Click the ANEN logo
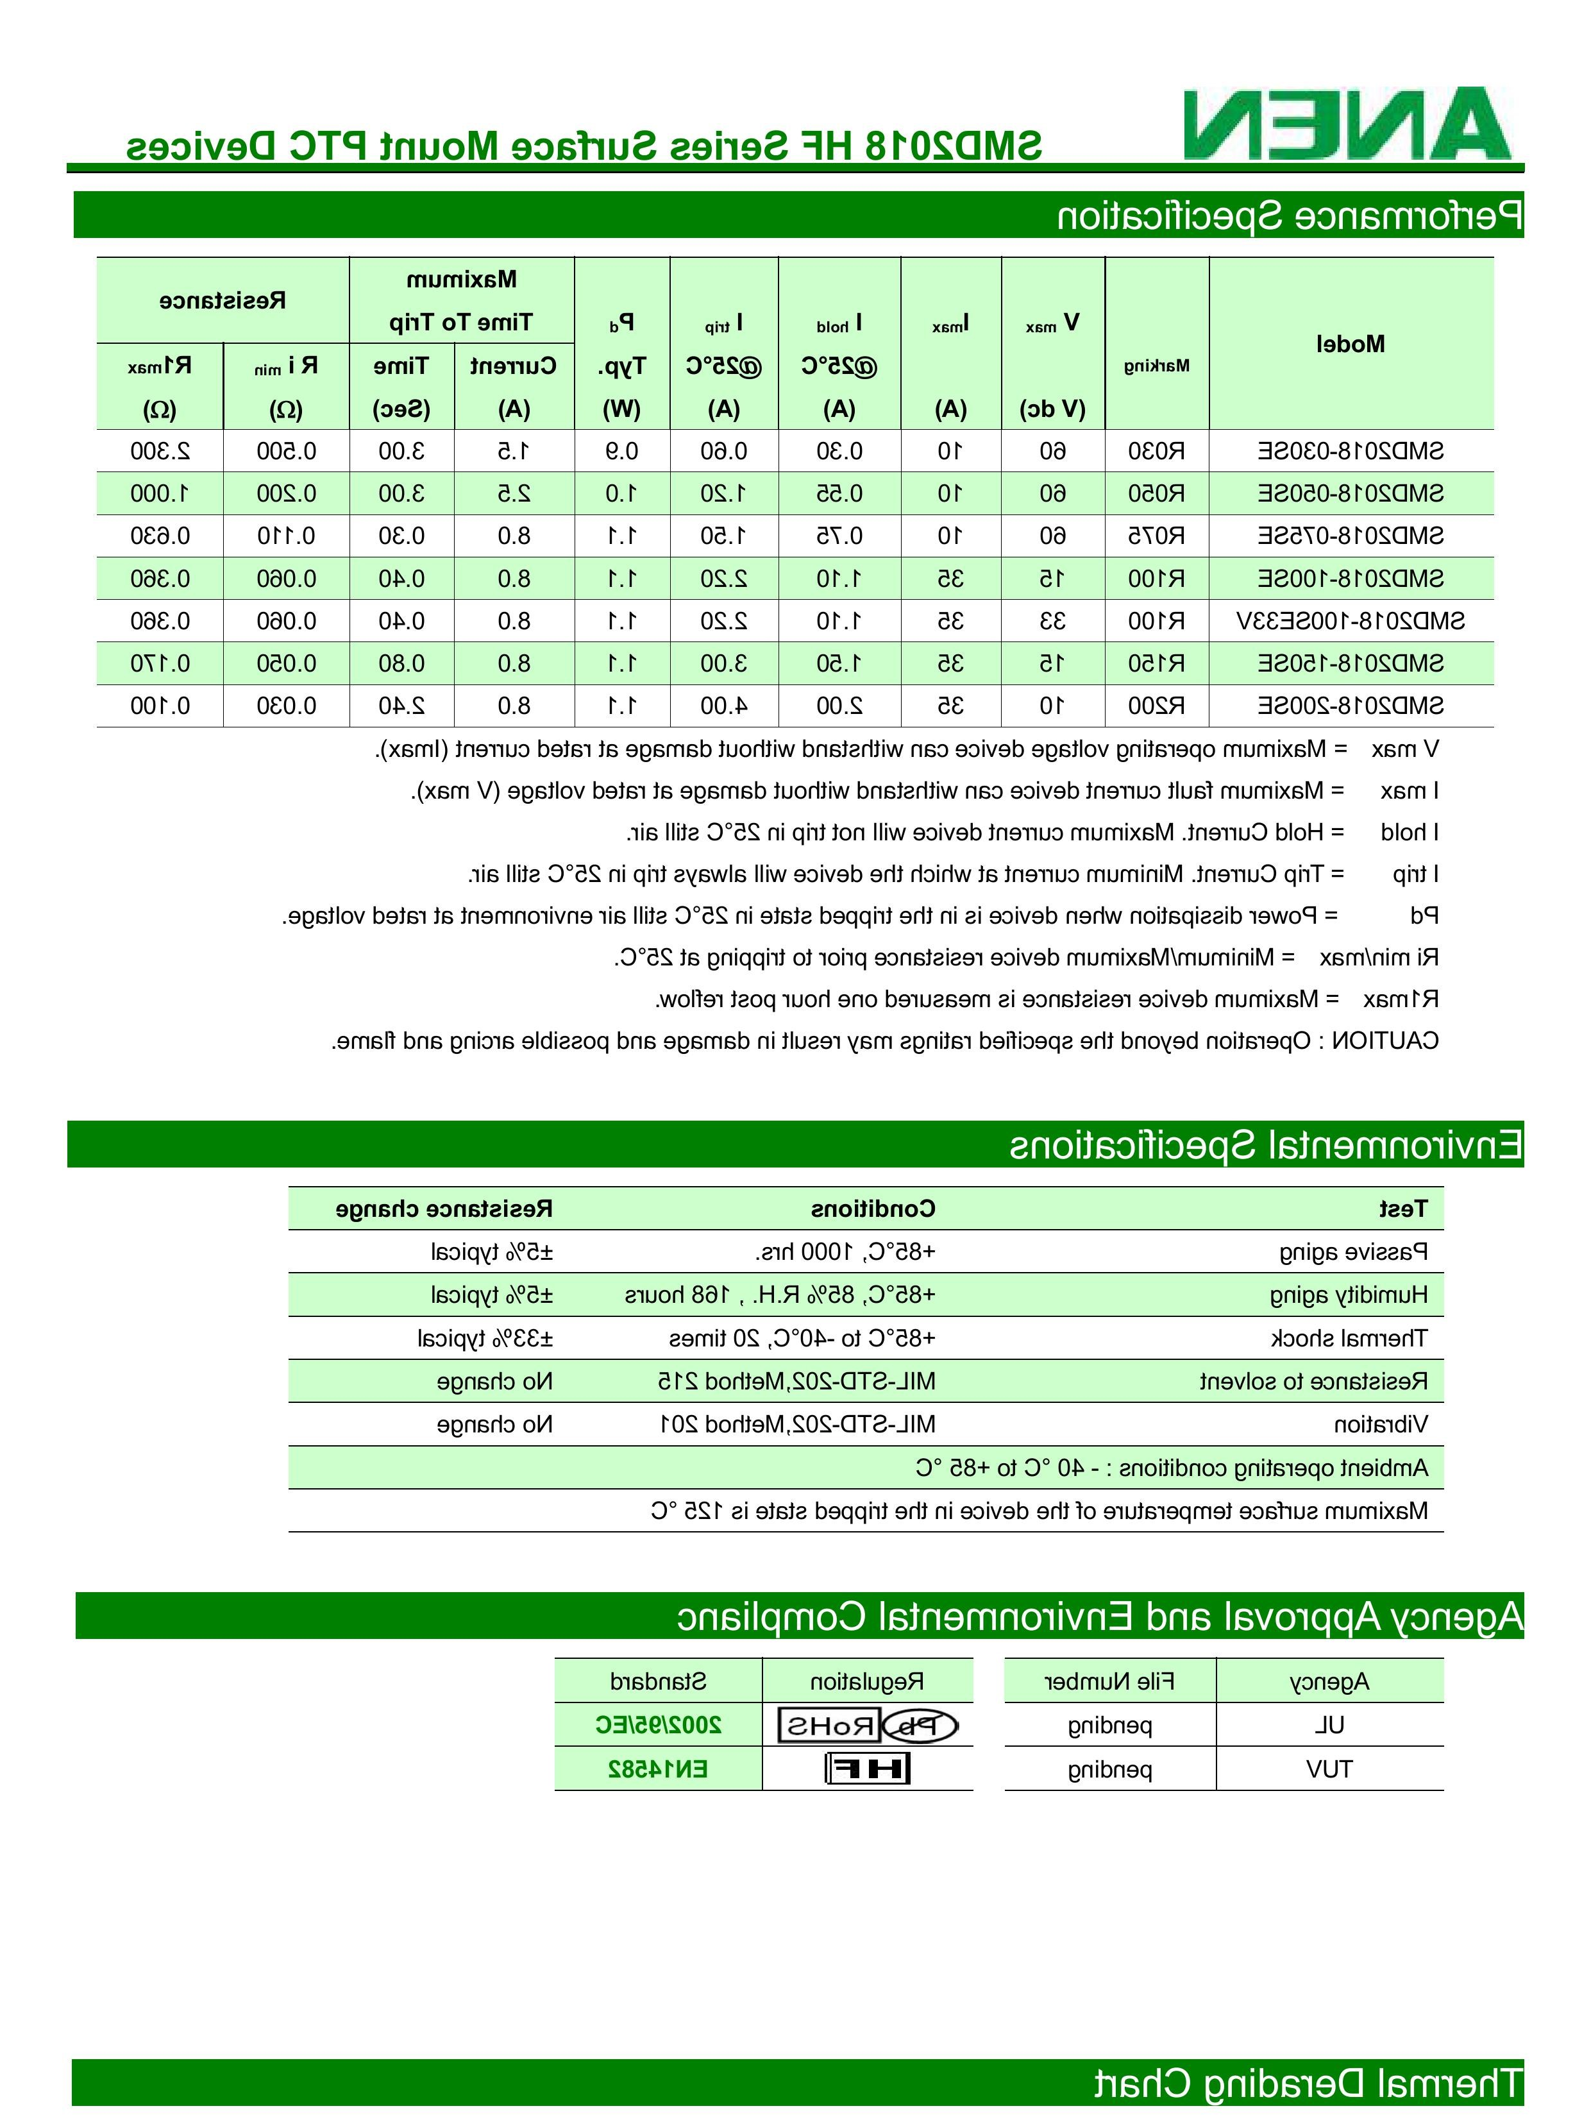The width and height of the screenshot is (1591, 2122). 1347,124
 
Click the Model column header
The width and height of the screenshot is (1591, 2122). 1351,343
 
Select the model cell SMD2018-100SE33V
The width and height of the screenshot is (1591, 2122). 1351,621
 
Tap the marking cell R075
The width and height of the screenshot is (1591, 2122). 1157,535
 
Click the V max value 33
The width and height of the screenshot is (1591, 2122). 1053,621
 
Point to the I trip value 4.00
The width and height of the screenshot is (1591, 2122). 723,706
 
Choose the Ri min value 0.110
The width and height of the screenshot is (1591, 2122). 286,535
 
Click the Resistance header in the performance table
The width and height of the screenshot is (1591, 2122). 223,300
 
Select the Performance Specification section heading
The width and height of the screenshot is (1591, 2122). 1289,215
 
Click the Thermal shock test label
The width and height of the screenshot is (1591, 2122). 1349,1338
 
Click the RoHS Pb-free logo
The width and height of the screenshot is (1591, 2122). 868,1727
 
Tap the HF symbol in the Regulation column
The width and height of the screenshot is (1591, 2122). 868,1769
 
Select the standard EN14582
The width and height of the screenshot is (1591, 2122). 658,1769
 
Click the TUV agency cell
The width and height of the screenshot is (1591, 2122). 1329,1769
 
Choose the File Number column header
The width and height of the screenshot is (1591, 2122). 1109,1682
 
